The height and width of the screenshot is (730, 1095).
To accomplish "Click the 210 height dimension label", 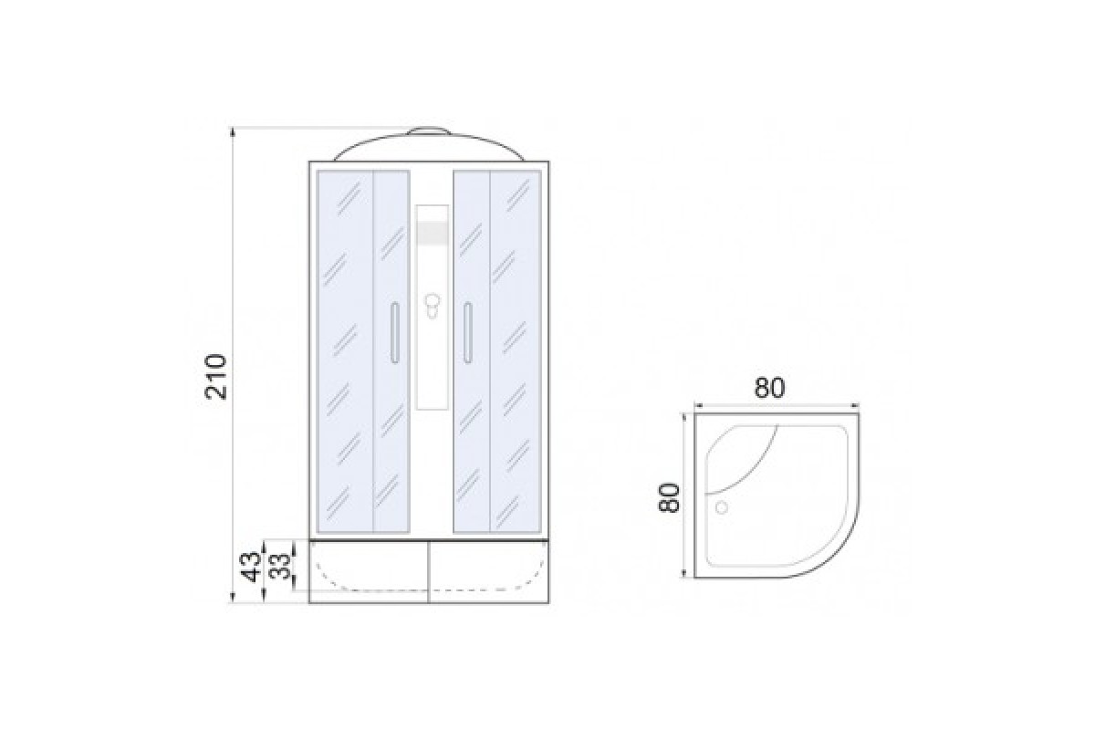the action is (216, 377).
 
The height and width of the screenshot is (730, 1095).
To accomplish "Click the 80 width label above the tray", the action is (769, 388).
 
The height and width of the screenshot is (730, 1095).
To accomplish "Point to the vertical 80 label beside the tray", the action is (669, 497).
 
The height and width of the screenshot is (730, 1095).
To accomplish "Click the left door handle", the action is (395, 333).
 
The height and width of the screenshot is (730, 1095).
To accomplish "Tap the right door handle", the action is (468, 333).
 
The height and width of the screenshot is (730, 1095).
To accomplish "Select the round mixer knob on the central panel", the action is (432, 300).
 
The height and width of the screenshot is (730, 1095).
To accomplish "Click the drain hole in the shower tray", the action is (722, 507).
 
